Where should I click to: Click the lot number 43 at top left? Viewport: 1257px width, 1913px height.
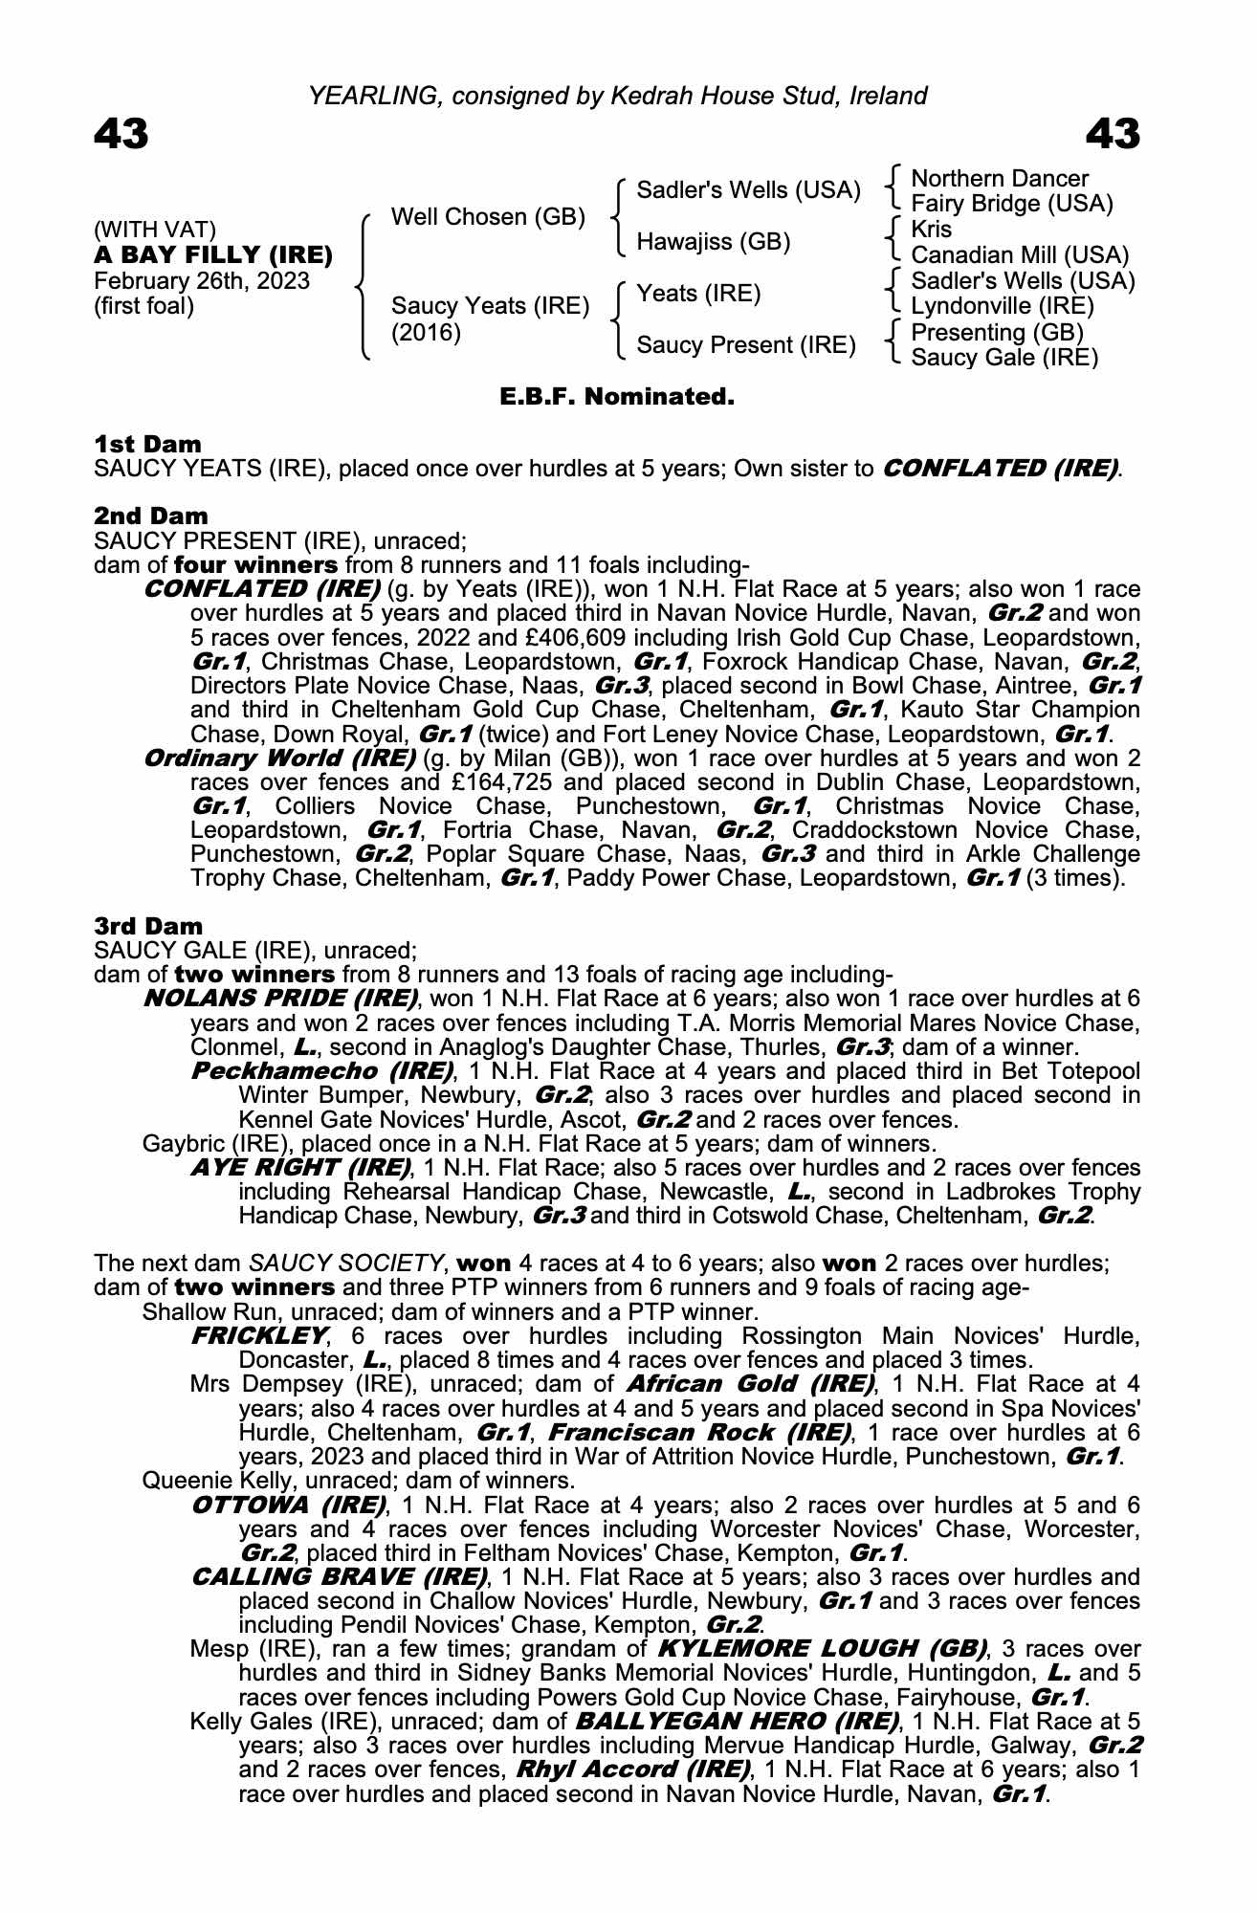[x=121, y=134]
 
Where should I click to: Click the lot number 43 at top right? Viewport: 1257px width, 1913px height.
[x=1113, y=134]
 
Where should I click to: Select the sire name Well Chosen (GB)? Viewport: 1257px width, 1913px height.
[x=488, y=217]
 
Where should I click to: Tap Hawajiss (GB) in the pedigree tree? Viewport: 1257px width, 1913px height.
[x=714, y=242]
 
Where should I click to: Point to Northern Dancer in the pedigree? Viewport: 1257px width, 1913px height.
[x=1000, y=179]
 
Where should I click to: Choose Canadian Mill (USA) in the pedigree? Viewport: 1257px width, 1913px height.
[x=1020, y=255]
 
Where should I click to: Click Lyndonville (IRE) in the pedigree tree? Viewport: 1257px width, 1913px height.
[x=1003, y=306]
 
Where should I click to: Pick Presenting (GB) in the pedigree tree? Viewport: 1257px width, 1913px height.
[x=997, y=332]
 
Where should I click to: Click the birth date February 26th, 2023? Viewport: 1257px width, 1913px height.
[x=202, y=281]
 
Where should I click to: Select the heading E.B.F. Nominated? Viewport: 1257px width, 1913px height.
[x=617, y=396]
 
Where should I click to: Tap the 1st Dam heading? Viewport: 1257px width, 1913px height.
[x=148, y=444]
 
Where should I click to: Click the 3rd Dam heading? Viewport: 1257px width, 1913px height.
[x=149, y=926]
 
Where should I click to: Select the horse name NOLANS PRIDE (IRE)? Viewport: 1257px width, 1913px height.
[x=280, y=999]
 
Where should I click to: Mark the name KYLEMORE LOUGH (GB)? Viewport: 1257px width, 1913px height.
[x=822, y=1648]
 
